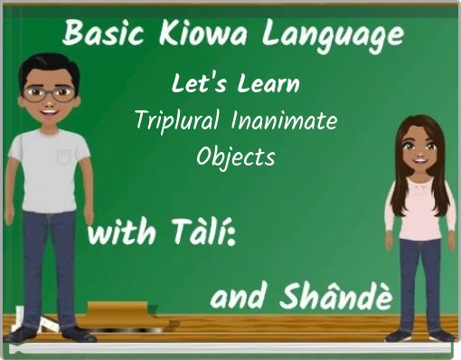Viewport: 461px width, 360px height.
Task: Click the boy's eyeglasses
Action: coord(49,91)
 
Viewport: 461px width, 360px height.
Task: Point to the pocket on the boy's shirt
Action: coord(63,156)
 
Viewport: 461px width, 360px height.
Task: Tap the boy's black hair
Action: coord(48,63)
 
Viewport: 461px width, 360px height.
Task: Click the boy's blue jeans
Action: coord(50,262)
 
